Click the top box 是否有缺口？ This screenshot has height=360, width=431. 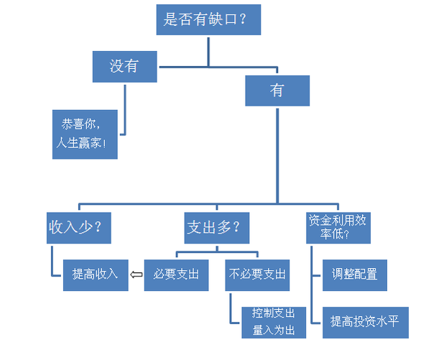pyautogui.click(x=208, y=19)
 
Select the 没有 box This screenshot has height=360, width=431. pyautogui.click(x=125, y=67)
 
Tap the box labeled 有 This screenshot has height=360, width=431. pyautogui.click(x=277, y=91)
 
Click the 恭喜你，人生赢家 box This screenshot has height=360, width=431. pyautogui.click(x=85, y=134)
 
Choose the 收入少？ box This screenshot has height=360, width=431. pyautogui.click(x=79, y=228)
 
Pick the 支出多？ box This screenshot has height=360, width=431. pyautogui.click(x=217, y=228)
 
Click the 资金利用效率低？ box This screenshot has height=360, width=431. pyautogui.click(x=338, y=228)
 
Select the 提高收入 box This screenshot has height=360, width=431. pyautogui.click(x=96, y=275)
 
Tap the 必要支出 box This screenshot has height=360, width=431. pyautogui.click(x=177, y=275)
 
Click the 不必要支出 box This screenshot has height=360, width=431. pyautogui.click(x=257, y=275)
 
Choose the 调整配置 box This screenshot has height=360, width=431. pyautogui.click(x=355, y=275)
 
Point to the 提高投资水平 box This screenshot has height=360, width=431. pyautogui.click(x=366, y=323)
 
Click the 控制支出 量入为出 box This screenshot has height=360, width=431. pyautogui.click(x=274, y=323)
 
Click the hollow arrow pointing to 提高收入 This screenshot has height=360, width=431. pyautogui.click(x=136, y=274)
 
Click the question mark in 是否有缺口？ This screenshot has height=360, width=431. pyautogui.click(x=243, y=19)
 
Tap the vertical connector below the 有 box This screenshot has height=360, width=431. pyautogui.click(x=277, y=156)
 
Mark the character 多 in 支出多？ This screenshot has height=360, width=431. pyautogui.click(x=224, y=228)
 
